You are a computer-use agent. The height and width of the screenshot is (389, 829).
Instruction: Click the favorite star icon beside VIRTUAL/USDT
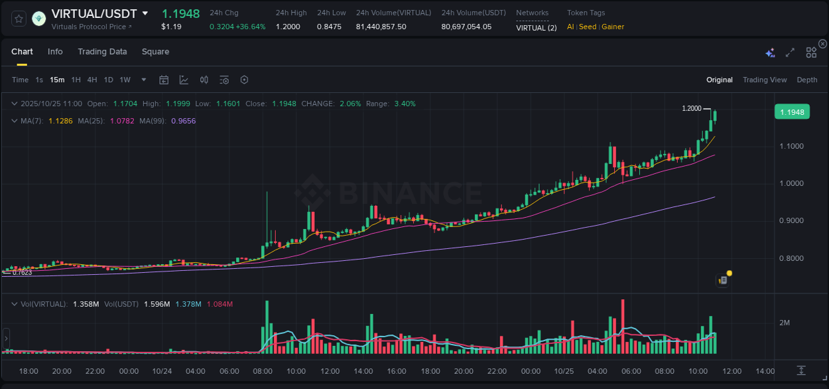(x=19, y=19)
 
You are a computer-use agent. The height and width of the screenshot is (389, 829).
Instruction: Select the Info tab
(x=55, y=52)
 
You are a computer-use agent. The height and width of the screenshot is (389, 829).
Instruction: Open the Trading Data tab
(x=102, y=52)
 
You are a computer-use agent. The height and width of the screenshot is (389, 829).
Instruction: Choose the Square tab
(x=155, y=52)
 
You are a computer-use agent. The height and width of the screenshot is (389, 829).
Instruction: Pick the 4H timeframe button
(x=92, y=80)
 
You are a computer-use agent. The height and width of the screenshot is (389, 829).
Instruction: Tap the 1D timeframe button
(x=108, y=80)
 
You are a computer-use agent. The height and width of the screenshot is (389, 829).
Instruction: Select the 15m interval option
(x=57, y=80)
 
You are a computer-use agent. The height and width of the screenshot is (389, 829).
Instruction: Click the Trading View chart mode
(x=764, y=80)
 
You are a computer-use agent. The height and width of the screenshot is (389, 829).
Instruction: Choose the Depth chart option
(x=806, y=80)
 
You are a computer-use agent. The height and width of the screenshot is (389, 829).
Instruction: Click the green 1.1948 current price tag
(x=792, y=112)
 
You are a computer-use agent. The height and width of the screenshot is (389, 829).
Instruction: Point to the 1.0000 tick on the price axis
(x=792, y=183)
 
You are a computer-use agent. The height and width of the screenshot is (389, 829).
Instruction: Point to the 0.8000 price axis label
(x=792, y=258)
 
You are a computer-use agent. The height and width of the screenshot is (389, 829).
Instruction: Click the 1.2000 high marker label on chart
(x=691, y=108)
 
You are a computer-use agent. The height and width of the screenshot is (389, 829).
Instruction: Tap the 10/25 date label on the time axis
(x=564, y=371)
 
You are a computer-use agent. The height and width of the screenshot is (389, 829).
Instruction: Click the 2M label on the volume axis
(x=785, y=323)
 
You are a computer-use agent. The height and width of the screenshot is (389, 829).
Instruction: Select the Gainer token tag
(x=613, y=27)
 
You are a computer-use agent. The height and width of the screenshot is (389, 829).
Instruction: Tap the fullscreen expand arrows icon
(x=790, y=52)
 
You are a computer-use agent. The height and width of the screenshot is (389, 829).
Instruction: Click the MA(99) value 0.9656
(x=183, y=121)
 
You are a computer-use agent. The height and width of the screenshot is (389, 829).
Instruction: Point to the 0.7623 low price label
(x=22, y=272)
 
